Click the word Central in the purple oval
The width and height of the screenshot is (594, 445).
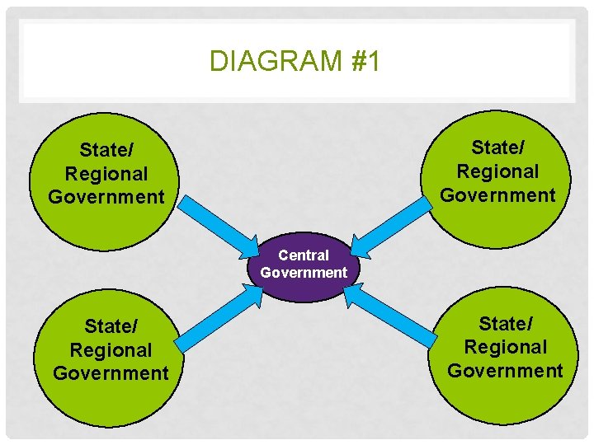click(x=304, y=255)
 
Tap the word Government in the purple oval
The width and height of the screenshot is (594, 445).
click(x=304, y=272)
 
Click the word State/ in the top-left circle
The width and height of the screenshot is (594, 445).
click(x=106, y=151)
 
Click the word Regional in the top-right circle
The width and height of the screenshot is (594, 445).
click(x=497, y=171)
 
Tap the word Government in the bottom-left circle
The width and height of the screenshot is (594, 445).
click(x=111, y=373)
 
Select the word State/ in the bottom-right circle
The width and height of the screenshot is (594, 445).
click(x=505, y=324)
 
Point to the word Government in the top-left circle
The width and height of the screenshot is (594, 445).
click(x=106, y=197)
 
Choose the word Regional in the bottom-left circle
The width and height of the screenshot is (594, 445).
click(x=111, y=350)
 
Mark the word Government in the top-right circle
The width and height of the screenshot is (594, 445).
click(x=497, y=195)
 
